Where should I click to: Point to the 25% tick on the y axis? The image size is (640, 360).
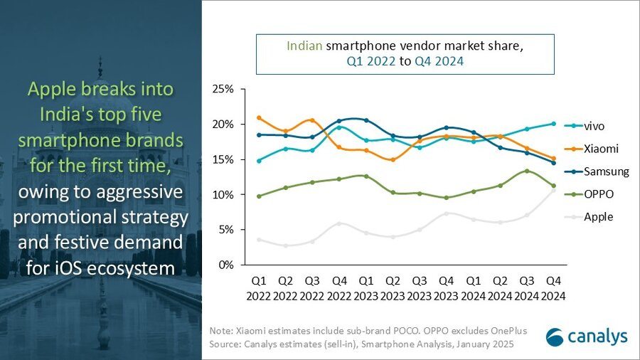223,90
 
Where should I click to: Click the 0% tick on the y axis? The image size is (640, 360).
225,265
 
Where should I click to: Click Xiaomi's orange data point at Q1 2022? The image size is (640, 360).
259,118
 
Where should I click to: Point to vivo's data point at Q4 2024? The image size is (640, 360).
553,124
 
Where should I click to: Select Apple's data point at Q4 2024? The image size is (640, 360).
553,190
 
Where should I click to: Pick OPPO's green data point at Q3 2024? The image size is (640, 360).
526,171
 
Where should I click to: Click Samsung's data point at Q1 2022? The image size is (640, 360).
259,134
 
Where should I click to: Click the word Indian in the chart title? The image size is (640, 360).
304,46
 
